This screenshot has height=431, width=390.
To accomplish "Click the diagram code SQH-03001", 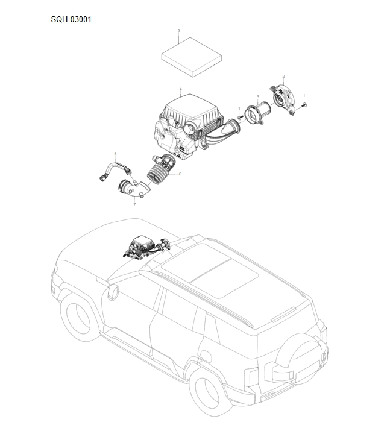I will coord(71,19).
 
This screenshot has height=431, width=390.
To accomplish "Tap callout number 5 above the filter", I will coord(178,30).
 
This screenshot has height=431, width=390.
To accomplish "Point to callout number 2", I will coord(283,77).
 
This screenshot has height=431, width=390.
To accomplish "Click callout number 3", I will coord(257,96).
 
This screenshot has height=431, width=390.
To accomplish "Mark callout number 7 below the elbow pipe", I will coord(134,204).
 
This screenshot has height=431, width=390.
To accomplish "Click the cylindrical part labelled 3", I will coord(257,115).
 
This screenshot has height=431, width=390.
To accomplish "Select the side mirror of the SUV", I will coord(112,292).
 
